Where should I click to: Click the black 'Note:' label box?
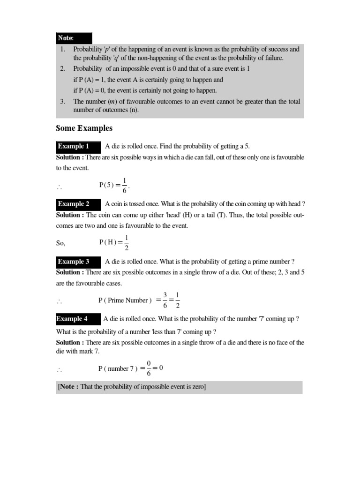point(74,38)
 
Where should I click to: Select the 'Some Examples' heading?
point(84,128)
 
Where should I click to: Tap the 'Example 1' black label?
point(78,146)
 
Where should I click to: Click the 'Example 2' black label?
point(78,204)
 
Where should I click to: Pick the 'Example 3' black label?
point(78,262)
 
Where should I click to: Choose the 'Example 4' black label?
point(78,319)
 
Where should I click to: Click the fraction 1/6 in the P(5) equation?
point(124,185)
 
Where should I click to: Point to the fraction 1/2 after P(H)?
point(127,242)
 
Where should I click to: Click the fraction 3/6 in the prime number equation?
point(165,300)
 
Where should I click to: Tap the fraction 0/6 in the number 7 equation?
point(149,368)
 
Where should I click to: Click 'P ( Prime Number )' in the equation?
point(125,300)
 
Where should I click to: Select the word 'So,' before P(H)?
point(61,243)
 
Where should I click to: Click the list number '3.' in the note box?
point(62,101)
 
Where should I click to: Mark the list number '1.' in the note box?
point(62,49)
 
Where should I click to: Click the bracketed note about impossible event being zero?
point(132,387)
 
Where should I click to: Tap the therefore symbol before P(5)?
point(60,187)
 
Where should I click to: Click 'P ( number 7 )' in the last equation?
point(118,369)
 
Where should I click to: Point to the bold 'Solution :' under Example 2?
point(70,215)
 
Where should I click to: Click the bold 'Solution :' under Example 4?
point(70,343)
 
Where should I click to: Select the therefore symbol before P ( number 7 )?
point(60,370)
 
